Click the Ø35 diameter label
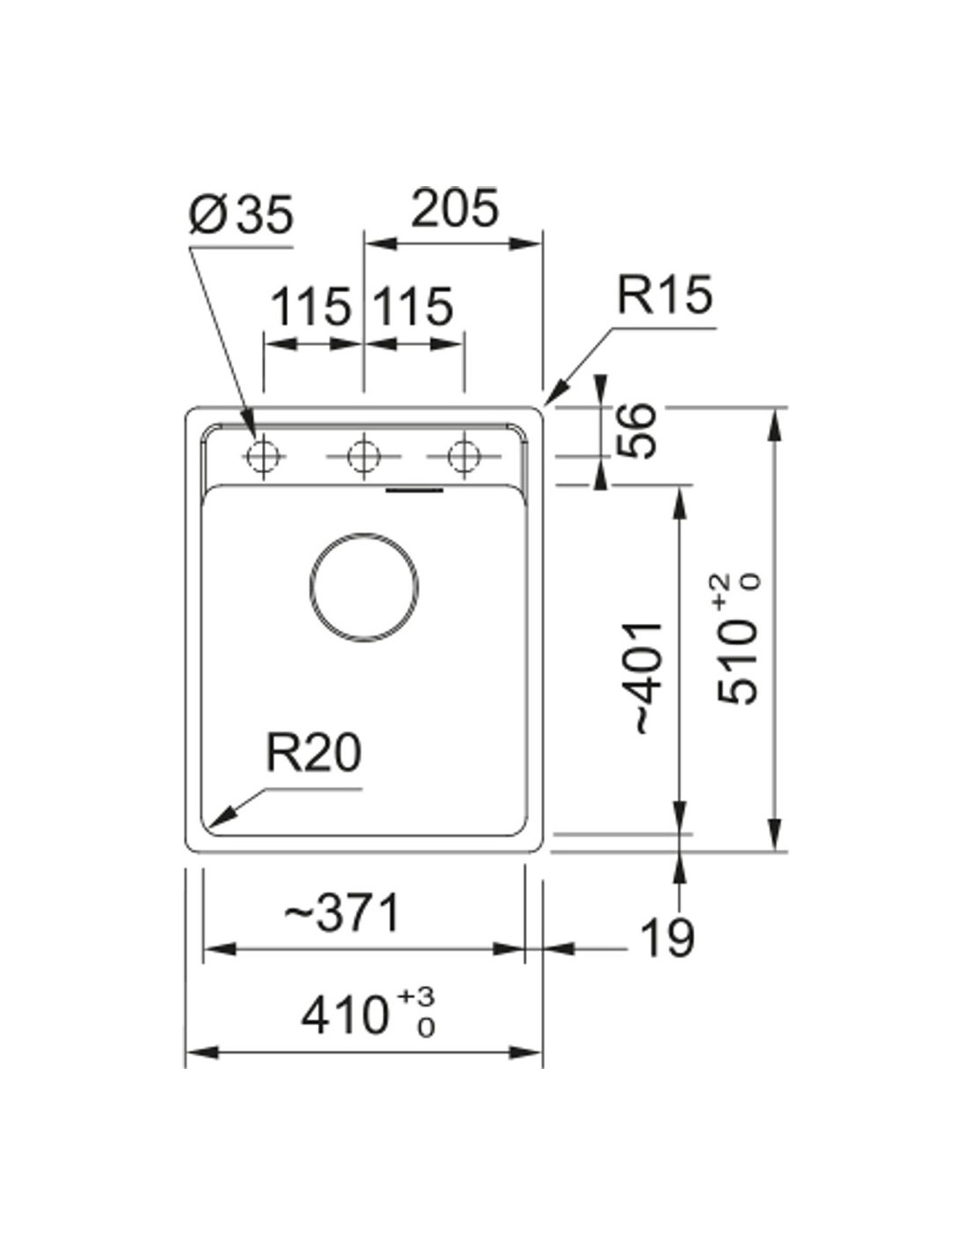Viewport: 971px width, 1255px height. (x=240, y=215)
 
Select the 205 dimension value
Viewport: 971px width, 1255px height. (x=455, y=208)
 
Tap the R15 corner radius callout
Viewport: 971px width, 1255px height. (x=663, y=296)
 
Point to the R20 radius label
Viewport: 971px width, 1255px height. (x=313, y=755)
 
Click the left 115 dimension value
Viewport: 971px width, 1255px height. (x=310, y=308)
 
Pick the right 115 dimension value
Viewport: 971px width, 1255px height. (x=412, y=308)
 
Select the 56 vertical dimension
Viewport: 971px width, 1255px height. (x=637, y=431)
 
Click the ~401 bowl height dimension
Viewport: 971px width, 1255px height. (x=644, y=677)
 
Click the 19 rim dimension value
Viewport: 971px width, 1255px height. (x=666, y=938)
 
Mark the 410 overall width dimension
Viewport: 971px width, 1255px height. (x=345, y=1016)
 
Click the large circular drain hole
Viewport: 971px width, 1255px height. (x=364, y=587)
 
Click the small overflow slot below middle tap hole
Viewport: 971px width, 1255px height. (x=415, y=488)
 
